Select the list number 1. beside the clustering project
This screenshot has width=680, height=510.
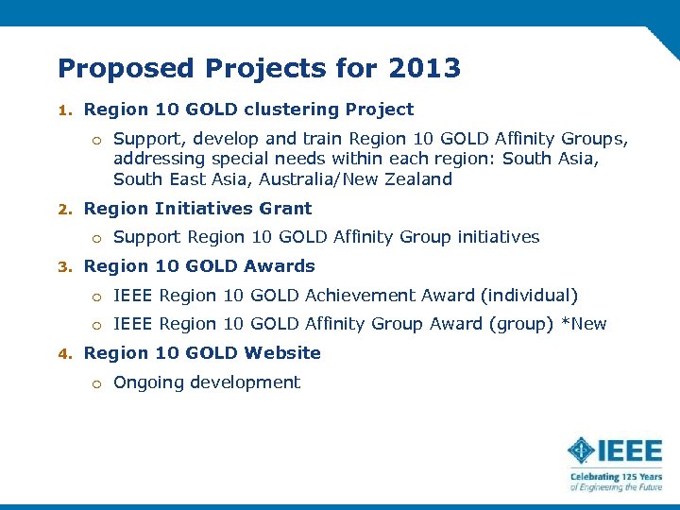pos(64,110)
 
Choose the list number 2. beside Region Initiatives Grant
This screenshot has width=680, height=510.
pos(64,209)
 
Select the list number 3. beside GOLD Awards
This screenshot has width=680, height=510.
pos(64,266)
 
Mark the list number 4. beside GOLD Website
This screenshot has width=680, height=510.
pos(64,353)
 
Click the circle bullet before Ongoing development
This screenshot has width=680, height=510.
pos(96,383)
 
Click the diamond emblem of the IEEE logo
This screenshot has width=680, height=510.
pos(582,450)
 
